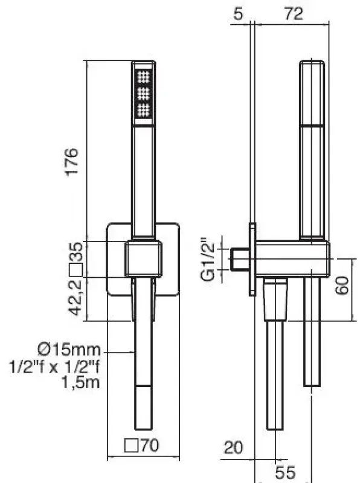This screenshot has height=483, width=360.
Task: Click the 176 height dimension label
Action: coord(72,161)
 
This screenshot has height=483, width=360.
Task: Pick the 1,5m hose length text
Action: coord(80,382)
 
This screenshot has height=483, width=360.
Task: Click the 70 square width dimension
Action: coord(147,447)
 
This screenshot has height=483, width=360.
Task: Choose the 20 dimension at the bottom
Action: coord(233,447)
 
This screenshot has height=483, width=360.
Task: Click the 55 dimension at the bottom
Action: coord(284,472)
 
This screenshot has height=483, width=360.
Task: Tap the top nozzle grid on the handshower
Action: coord(144,77)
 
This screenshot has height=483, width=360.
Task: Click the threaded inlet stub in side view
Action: coord(240,258)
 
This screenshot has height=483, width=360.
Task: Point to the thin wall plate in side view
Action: coord(251,260)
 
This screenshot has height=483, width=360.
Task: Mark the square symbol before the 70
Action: coord(130,447)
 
